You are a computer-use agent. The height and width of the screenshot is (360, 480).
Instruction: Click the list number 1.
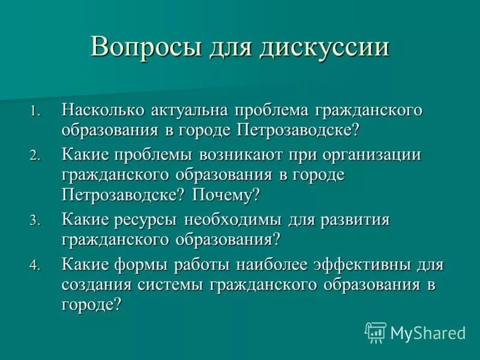coord(35,112)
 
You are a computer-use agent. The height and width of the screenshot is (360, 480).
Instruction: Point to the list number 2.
coord(35,155)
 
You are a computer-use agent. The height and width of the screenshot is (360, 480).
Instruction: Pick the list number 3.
coord(35,221)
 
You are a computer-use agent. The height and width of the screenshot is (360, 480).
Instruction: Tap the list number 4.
coord(35,265)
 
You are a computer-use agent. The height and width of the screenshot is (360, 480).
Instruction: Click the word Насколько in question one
coord(99,110)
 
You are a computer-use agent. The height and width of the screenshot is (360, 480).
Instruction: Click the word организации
coord(372,154)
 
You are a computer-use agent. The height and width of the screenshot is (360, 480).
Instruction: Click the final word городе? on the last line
coord(91,304)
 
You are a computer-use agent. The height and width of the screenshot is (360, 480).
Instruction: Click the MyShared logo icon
coord(376,332)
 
